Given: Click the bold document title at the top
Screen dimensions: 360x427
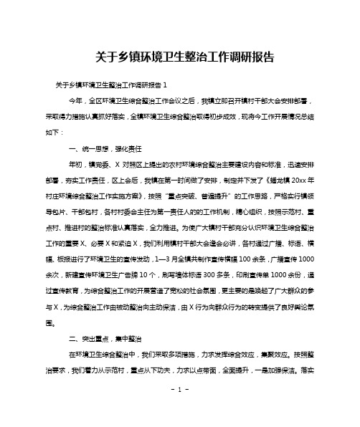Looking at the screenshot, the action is coord(179,56).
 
